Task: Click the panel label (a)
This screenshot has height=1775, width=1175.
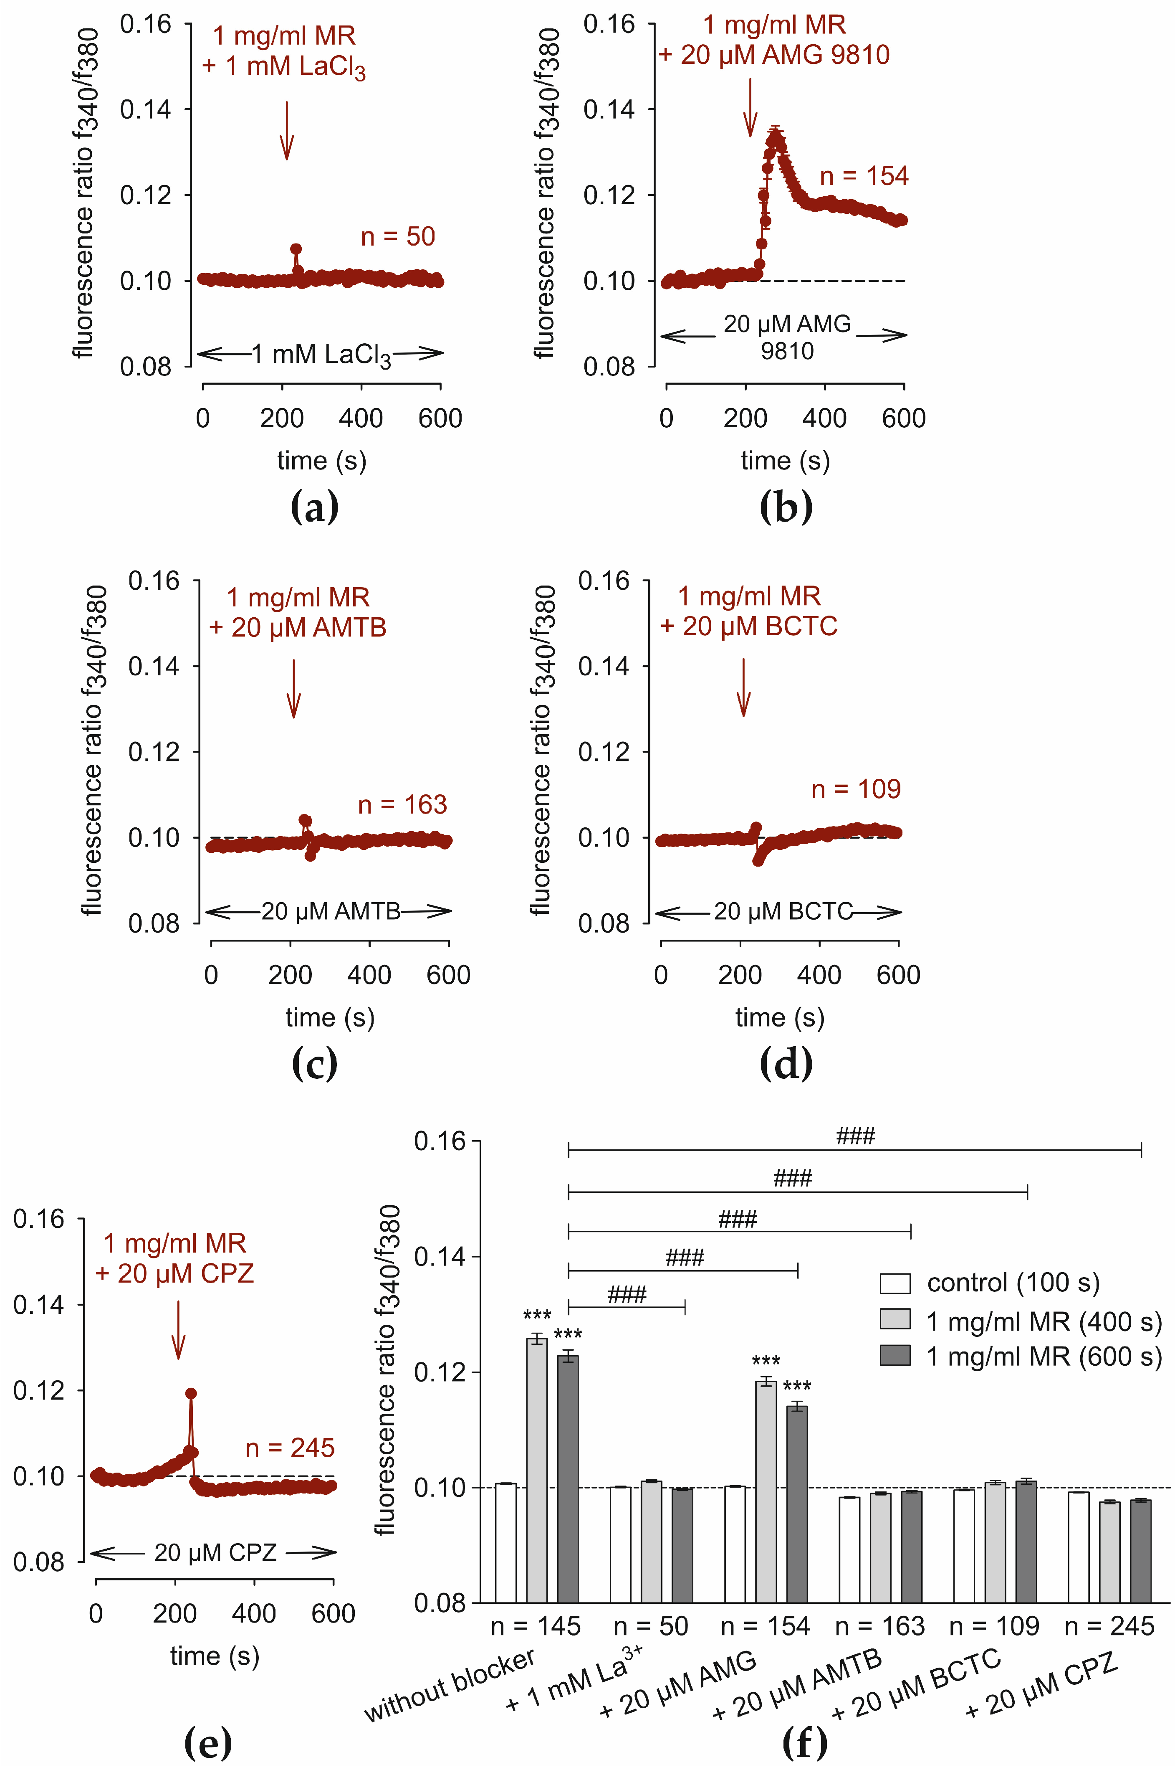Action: click(314, 507)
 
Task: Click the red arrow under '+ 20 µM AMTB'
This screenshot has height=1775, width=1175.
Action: click(294, 688)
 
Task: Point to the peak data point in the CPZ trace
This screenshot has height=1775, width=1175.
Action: click(191, 1393)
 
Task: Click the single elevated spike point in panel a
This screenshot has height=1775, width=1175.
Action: click(296, 249)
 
